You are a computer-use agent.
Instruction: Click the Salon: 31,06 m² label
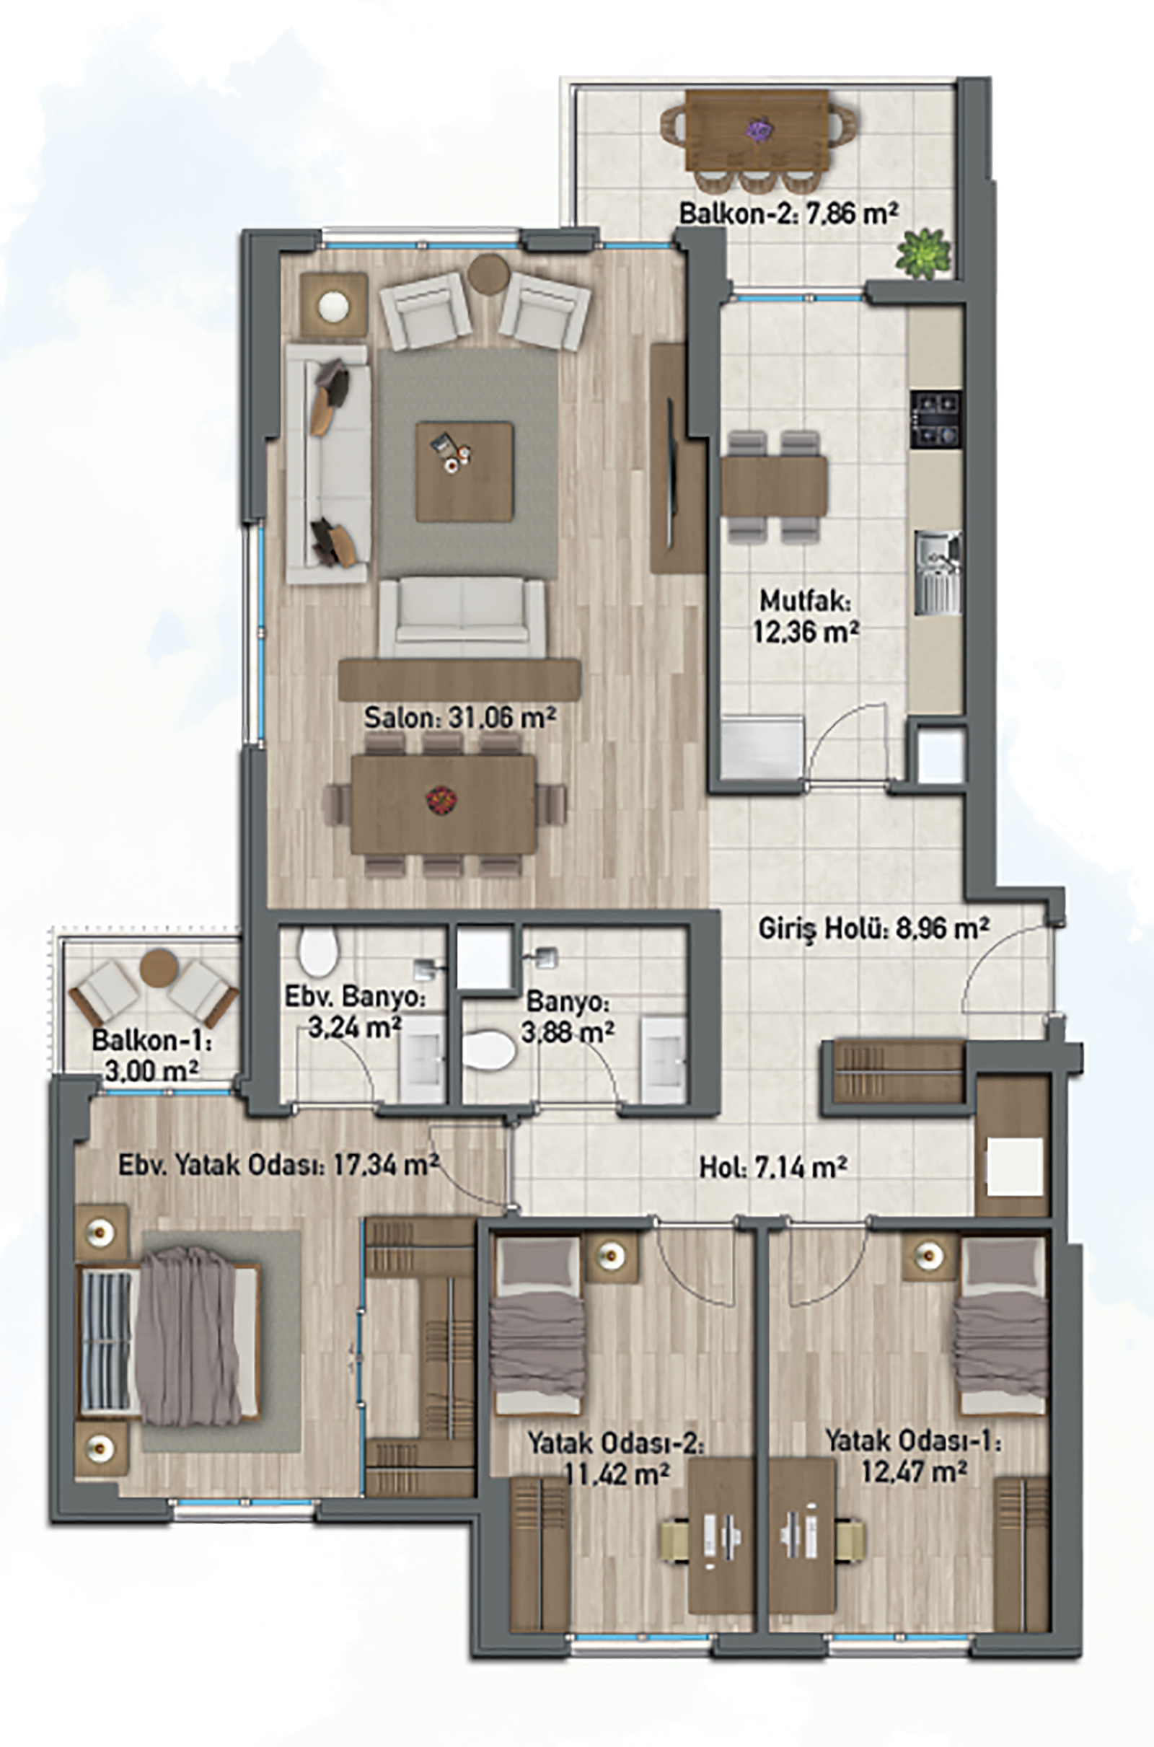(459, 718)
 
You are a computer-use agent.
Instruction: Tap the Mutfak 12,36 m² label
(806, 615)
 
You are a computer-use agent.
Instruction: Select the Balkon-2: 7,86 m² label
(788, 214)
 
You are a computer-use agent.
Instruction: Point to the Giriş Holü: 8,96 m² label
(873, 930)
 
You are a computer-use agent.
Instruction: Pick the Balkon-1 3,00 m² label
(151, 1055)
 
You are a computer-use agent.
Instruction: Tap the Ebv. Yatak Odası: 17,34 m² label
(279, 1165)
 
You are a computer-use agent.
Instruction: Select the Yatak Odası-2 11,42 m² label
(615, 1457)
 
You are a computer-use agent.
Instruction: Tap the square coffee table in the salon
(464, 471)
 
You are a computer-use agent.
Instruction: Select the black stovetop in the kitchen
(936, 420)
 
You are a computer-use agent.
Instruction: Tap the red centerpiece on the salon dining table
(439, 800)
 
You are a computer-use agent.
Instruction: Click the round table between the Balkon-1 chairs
(159, 968)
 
